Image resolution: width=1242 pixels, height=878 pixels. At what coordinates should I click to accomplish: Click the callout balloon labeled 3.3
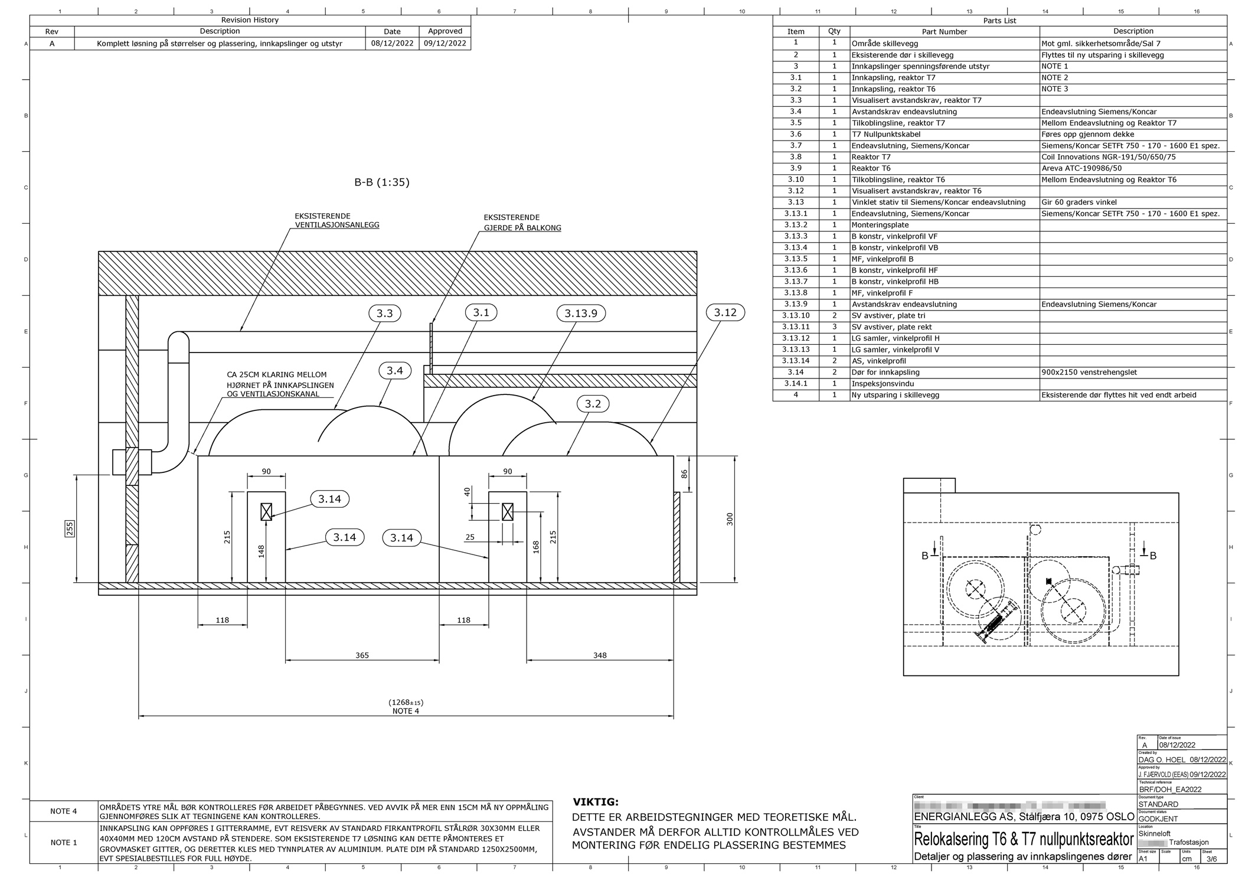click(384, 313)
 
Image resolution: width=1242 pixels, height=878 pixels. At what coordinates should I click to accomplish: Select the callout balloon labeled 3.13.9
click(581, 313)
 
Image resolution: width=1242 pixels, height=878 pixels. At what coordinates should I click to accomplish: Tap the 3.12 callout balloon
click(725, 312)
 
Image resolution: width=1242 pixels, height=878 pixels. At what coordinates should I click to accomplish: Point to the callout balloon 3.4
click(394, 370)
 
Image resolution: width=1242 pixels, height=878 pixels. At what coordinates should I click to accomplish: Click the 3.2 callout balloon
click(593, 404)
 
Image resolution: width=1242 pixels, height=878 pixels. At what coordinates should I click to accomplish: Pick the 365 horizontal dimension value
click(362, 655)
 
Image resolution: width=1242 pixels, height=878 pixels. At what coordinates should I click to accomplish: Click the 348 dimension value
click(600, 655)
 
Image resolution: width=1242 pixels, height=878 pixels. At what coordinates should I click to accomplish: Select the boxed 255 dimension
click(70, 528)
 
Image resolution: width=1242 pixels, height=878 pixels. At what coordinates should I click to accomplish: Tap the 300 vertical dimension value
click(730, 519)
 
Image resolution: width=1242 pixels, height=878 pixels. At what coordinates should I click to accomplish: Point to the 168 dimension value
click(536, 547)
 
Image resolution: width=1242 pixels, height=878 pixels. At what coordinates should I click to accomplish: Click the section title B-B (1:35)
click(381, 182)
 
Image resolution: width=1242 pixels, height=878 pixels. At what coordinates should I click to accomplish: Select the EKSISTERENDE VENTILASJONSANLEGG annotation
click(337, 221)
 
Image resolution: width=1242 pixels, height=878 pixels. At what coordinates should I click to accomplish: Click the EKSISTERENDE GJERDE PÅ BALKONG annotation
click(522, 223)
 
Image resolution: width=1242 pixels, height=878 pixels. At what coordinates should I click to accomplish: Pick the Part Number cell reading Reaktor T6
click(871, 168)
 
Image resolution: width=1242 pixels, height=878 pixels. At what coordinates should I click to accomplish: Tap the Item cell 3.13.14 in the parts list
click(795, 361)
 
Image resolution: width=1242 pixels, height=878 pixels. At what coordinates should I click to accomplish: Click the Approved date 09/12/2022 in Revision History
click(444, 43)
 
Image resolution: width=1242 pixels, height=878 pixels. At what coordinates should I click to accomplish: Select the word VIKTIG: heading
click(596, 802)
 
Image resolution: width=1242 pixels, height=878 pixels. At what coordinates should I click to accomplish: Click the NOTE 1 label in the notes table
click(64, 843)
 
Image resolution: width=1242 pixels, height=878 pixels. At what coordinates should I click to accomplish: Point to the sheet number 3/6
click(1212, 859)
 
